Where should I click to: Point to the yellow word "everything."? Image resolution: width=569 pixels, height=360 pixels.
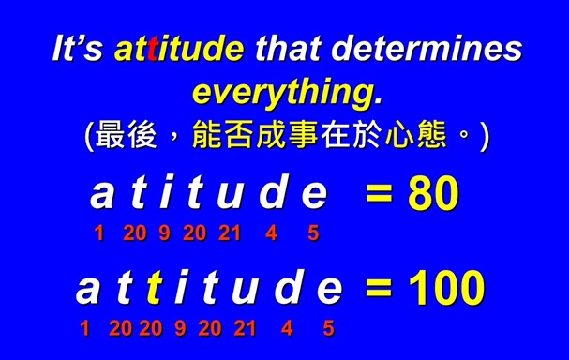tap(287, 92)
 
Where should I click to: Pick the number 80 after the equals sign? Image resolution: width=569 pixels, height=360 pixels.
tap(433, 194)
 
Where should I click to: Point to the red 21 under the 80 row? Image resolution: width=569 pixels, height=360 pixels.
tap(230, 233)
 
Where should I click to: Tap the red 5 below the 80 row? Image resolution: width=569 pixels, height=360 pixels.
tap(313, 233)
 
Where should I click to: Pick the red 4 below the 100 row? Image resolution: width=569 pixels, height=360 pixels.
tap(287, 328)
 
